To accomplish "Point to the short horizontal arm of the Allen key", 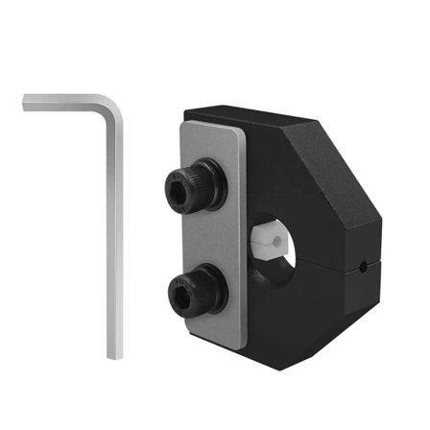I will (x=67, y=101).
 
